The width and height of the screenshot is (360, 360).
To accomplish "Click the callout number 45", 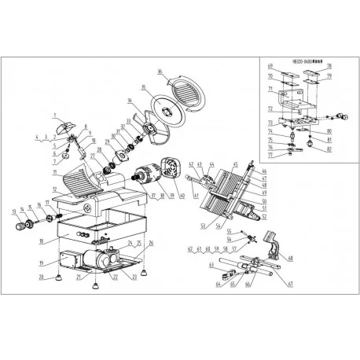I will (x=233, y=165).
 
